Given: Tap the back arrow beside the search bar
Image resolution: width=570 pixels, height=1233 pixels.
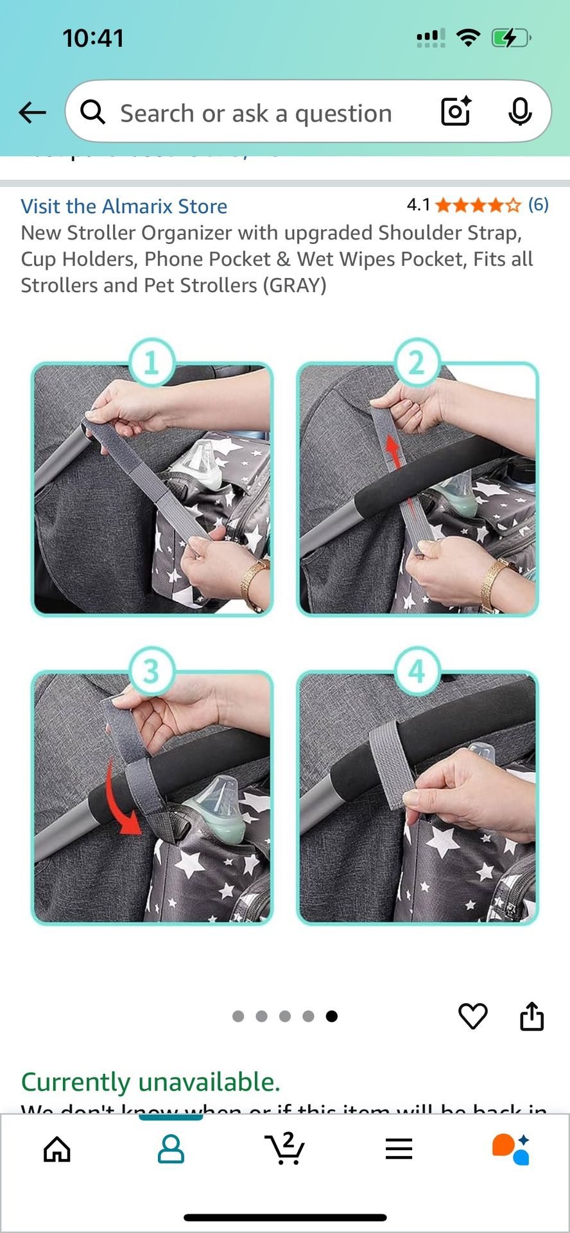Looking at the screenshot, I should click(32, 113).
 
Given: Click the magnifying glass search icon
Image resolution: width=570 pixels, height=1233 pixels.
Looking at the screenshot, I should click(93, 112).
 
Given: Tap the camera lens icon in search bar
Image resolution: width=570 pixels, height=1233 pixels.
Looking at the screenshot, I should click(456, 112).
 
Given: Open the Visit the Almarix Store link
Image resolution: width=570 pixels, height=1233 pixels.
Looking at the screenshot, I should click(124, 206).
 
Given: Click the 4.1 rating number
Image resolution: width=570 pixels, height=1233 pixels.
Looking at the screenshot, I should click(418, 205).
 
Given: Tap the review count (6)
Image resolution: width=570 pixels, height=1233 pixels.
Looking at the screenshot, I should click(538, 205).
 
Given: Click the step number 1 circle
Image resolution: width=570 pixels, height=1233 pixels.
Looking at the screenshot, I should click(151, 363).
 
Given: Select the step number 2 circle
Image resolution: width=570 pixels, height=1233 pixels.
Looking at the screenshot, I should click(417, 363).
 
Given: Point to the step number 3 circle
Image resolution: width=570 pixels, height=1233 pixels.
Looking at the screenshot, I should click(151, 672).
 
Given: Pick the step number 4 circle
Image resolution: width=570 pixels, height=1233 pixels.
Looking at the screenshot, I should click(417, 672).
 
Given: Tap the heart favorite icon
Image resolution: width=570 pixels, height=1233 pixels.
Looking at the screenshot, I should click(473, 1016).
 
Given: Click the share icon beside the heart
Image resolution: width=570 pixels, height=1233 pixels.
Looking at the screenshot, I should click(531, 1016).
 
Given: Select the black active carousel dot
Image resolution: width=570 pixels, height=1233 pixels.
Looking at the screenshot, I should click(332, 1016).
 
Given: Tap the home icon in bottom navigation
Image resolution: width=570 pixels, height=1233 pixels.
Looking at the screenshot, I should click(57, 1149).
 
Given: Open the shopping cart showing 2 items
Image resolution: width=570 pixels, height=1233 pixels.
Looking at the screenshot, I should click(284, 1149).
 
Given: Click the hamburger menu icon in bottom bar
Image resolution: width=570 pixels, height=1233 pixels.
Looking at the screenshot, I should click(399, 1149).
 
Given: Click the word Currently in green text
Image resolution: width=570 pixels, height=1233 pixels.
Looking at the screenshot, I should click(75, 1082).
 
